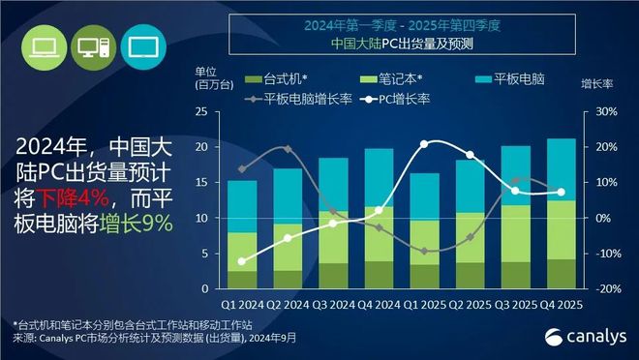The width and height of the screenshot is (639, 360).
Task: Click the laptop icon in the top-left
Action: click(43, 45)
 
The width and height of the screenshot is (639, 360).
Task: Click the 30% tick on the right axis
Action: click(604, 112)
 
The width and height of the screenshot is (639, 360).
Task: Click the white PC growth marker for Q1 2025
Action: click(424, 144)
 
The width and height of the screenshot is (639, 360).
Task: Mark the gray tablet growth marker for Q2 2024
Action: click(288, 149)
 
